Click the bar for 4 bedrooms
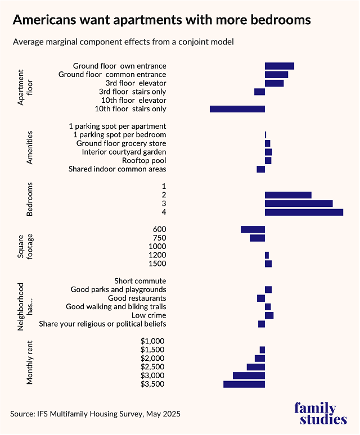pyautogui.click(x=304, y=212)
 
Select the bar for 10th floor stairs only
pyautogui.click(x=237, y=108)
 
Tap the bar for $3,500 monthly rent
pyautogui.click(x=244, y=384)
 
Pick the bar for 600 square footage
pyautogui.click(x=253, y=229)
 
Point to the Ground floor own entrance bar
pyautogui.click(x=279, y=66)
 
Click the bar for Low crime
pyautogui.click(x=269, y=315)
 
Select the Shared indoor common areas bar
pyautogui.click(x=260, y=169)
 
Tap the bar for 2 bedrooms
pyautogui.click(x=288, y=195)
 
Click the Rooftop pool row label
pyautogui.click(x=144, y=160)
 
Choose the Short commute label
pyautogui.click(x=140, y=281)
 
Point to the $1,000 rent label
pyautogui.click(x=152, y=341)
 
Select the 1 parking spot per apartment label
pyautogui.click(x=117, y=126)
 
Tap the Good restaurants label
pyautogui.click(x=137, y=298)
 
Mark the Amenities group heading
pyautogui.click(x=30, y=147)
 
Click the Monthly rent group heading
pyautogui.click(x=30, y=362)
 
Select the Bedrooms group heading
pyautogui.click(x=30, y=199)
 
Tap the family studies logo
pyautogui.click(x=320, y=413)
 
